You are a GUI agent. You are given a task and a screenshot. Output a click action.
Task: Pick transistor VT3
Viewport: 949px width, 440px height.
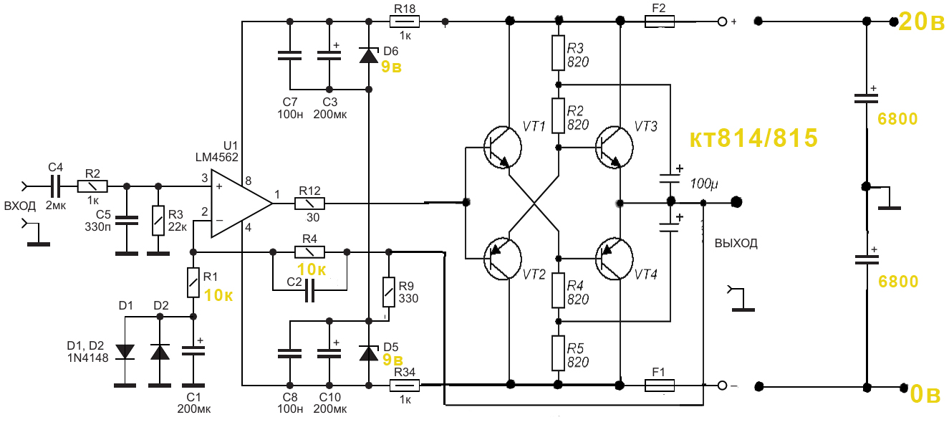coord(614,146)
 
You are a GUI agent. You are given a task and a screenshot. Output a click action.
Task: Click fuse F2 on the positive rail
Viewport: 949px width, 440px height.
coord(659,22)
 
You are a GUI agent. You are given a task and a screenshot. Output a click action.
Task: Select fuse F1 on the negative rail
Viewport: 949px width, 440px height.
coord(659,386)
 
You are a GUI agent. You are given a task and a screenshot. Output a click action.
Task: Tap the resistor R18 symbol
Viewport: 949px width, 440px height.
coord(404,22)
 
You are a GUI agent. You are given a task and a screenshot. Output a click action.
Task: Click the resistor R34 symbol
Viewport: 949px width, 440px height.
coord(404,386)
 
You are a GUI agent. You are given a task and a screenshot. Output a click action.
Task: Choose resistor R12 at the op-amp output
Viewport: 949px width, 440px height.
coord(309,204)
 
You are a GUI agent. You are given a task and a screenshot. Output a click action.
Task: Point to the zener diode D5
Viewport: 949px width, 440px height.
coord(368,353)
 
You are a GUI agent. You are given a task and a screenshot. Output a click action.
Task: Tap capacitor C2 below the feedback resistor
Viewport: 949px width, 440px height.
coord(309,290)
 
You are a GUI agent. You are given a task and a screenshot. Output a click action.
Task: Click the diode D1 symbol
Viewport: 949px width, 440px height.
coord(125,351)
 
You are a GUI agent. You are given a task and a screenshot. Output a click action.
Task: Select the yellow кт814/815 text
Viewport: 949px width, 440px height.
coord(753,139)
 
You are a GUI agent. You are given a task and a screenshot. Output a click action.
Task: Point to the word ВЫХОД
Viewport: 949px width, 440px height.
coord(736,243)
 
